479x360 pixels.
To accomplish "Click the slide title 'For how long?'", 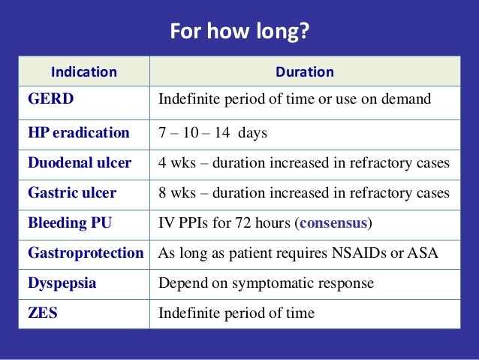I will [239, 32].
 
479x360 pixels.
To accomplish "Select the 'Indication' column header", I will [83, 72].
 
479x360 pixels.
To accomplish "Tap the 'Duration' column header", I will [305, 72].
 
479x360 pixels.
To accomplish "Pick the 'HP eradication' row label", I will [78, 133].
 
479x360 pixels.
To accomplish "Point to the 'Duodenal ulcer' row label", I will [80, 163].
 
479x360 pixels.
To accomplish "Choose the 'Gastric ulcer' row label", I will [72, 193].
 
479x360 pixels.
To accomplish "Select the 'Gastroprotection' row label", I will [86, 253].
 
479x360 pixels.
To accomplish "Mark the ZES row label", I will [43, 313].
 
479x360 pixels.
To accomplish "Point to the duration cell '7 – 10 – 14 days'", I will [212, 133].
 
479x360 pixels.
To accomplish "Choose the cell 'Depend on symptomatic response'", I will [266, 283].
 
